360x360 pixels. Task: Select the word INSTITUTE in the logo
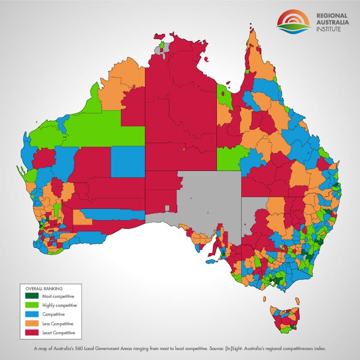[329, 30]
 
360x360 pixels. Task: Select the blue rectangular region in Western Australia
[127, 161]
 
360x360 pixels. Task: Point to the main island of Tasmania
[285, 320]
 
